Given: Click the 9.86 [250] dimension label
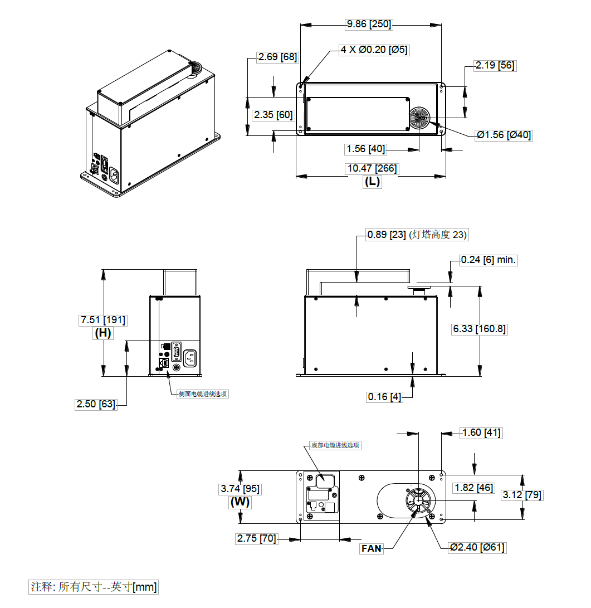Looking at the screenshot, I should click(369, 24).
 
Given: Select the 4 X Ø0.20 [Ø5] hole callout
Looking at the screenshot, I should click(374, 50).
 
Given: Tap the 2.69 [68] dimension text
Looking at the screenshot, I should click(277, 57).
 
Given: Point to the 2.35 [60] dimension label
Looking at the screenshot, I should click(273, 115).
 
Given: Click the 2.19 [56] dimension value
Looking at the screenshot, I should click(495, 65).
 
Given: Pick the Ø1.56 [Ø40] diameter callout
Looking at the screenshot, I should click(504, 135).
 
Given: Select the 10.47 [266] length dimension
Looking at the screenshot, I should click(372, 168).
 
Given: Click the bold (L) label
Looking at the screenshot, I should click(372, 182).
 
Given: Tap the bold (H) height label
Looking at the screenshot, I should click(103, 333).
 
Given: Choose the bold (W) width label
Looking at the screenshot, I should click(240, 502).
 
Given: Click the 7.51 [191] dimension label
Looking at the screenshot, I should click(103, 320).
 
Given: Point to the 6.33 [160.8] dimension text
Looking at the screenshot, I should click(479, 329).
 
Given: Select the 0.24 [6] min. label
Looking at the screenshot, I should click(489, 260).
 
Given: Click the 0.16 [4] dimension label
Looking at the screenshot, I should click(384, 397).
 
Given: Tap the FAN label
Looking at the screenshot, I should click(372, 548).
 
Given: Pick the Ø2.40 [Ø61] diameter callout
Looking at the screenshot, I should click(477, 547).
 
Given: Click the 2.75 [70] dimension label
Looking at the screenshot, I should click(256, 538).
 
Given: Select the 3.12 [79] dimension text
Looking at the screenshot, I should click(522, 495).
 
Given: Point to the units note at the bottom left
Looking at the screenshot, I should click(94, 587).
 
